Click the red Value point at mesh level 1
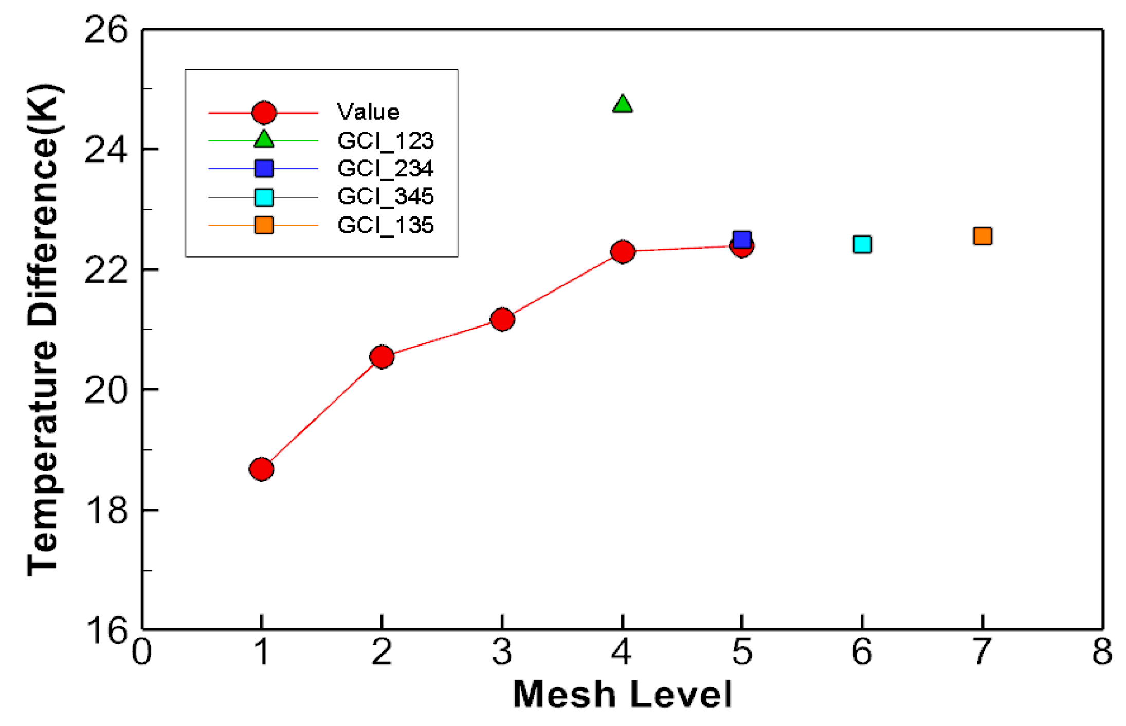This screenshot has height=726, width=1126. [261, 469]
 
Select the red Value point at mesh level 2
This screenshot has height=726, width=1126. [382, 356]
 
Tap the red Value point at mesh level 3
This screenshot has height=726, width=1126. [502, 319]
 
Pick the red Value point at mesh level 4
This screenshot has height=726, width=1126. [623, 251]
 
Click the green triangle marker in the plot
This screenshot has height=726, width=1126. [623, 104]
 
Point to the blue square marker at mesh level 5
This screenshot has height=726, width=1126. [742, 239]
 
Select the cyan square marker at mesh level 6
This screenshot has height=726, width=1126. [862, 245]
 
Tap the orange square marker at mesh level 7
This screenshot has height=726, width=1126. [983, 236]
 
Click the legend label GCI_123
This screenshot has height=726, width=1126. [386, 140]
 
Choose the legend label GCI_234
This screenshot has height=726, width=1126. [386, 168]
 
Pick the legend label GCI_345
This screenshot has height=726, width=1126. [386, 196]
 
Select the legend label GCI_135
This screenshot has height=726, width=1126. [386, 225]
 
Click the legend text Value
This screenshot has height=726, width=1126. [368, 112]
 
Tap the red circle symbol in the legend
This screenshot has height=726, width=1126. [264, 113]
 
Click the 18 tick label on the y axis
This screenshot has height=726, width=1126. [105, 510]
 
